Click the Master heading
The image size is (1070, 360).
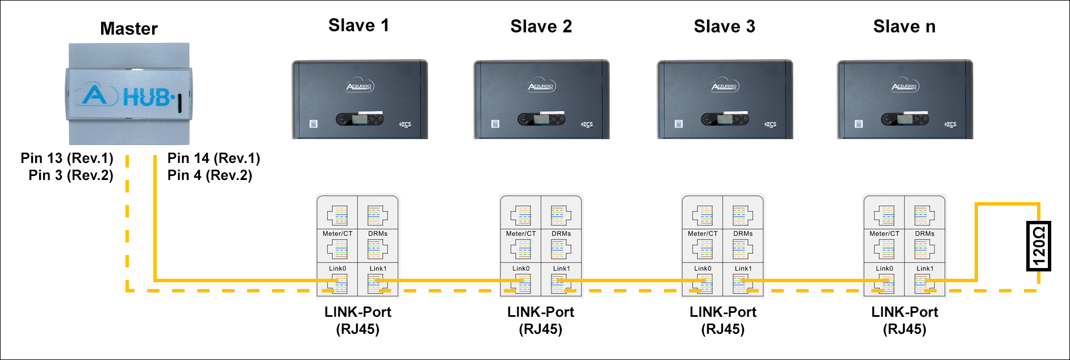click(129, 28)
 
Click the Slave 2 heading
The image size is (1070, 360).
click(541, 26)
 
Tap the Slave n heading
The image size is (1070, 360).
click(904, 26)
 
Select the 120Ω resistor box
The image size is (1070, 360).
click(1039, 246)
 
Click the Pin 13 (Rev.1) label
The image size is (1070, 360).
click(67, 158)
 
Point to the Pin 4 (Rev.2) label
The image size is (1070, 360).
click(210, 175)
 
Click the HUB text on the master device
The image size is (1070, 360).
click(147, 98)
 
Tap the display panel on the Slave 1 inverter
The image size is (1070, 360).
click(359, 119)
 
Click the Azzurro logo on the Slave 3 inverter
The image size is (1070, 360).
click(725, 86)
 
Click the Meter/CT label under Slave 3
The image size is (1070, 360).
click(703, 233)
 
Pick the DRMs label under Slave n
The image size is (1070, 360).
click(925, 233)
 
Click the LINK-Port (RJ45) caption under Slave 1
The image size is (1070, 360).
click(358, 320)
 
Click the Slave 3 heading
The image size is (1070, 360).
click(724, 26)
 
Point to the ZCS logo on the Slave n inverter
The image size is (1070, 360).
click(950, 124)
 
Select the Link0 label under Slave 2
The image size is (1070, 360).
click(521, 269)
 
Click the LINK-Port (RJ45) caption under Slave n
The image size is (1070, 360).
click(904, 320)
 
